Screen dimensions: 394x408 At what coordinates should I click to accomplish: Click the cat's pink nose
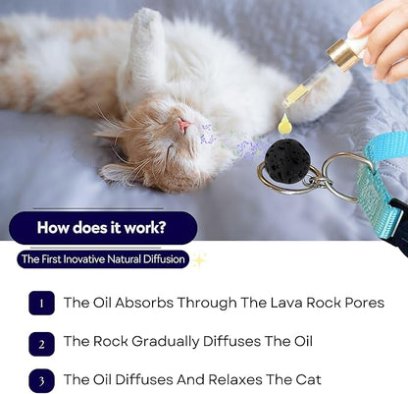click(x=182, y=126)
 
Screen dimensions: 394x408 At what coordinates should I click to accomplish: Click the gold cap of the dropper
click(x=344, y=53)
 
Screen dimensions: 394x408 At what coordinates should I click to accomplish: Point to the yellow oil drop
click(x=285, y=124)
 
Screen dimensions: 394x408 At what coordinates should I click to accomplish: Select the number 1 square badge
click(x=41, y=304)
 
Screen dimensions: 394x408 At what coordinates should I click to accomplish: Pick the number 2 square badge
click(x=41, y=342)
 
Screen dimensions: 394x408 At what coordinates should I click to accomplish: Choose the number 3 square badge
click(x=41, y=379)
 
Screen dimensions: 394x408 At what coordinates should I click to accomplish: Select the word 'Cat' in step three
click(x=307, y=379)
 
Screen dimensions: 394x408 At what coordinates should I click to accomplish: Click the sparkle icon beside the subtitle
click(x=200, y=259)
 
